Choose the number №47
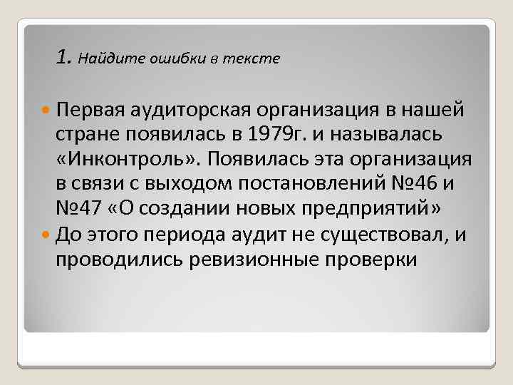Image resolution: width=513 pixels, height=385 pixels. (x=78, y=208)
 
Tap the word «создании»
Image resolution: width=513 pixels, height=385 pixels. (x=177, y=208)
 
